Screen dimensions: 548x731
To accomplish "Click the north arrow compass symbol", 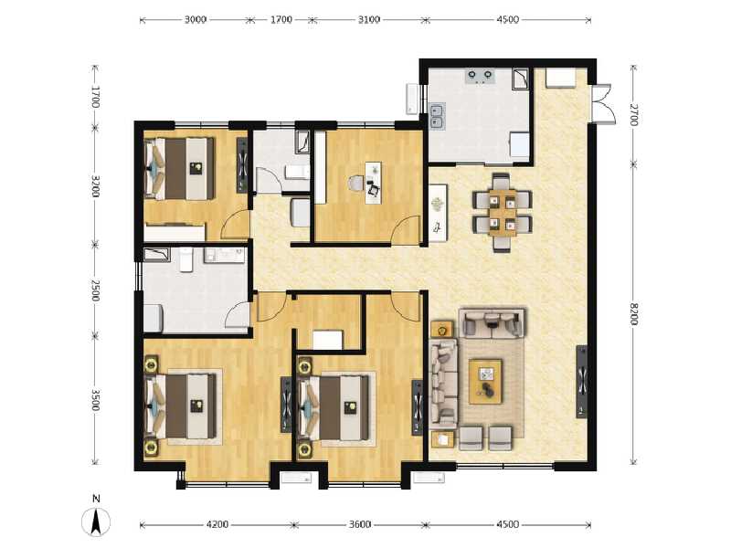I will click(97, 518).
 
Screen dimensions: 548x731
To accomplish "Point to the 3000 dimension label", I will click(195, 18).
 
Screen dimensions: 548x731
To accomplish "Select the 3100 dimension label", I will click(365, 18).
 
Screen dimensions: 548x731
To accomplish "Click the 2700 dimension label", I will click(634, 114).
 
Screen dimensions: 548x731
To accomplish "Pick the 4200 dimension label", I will click(217, 524).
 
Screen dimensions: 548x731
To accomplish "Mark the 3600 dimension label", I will click(360, 524).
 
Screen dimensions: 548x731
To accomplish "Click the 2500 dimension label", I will click(94, 290).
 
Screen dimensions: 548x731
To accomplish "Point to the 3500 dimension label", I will click(94, 399).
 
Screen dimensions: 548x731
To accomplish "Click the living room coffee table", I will click(486, 381).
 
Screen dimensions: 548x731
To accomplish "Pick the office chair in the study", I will click(355, 184).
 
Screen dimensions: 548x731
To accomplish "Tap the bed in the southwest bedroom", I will click(188, 406).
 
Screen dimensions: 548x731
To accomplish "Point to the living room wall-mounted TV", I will click(581, 382).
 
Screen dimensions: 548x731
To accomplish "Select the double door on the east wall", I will click(603, 102).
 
